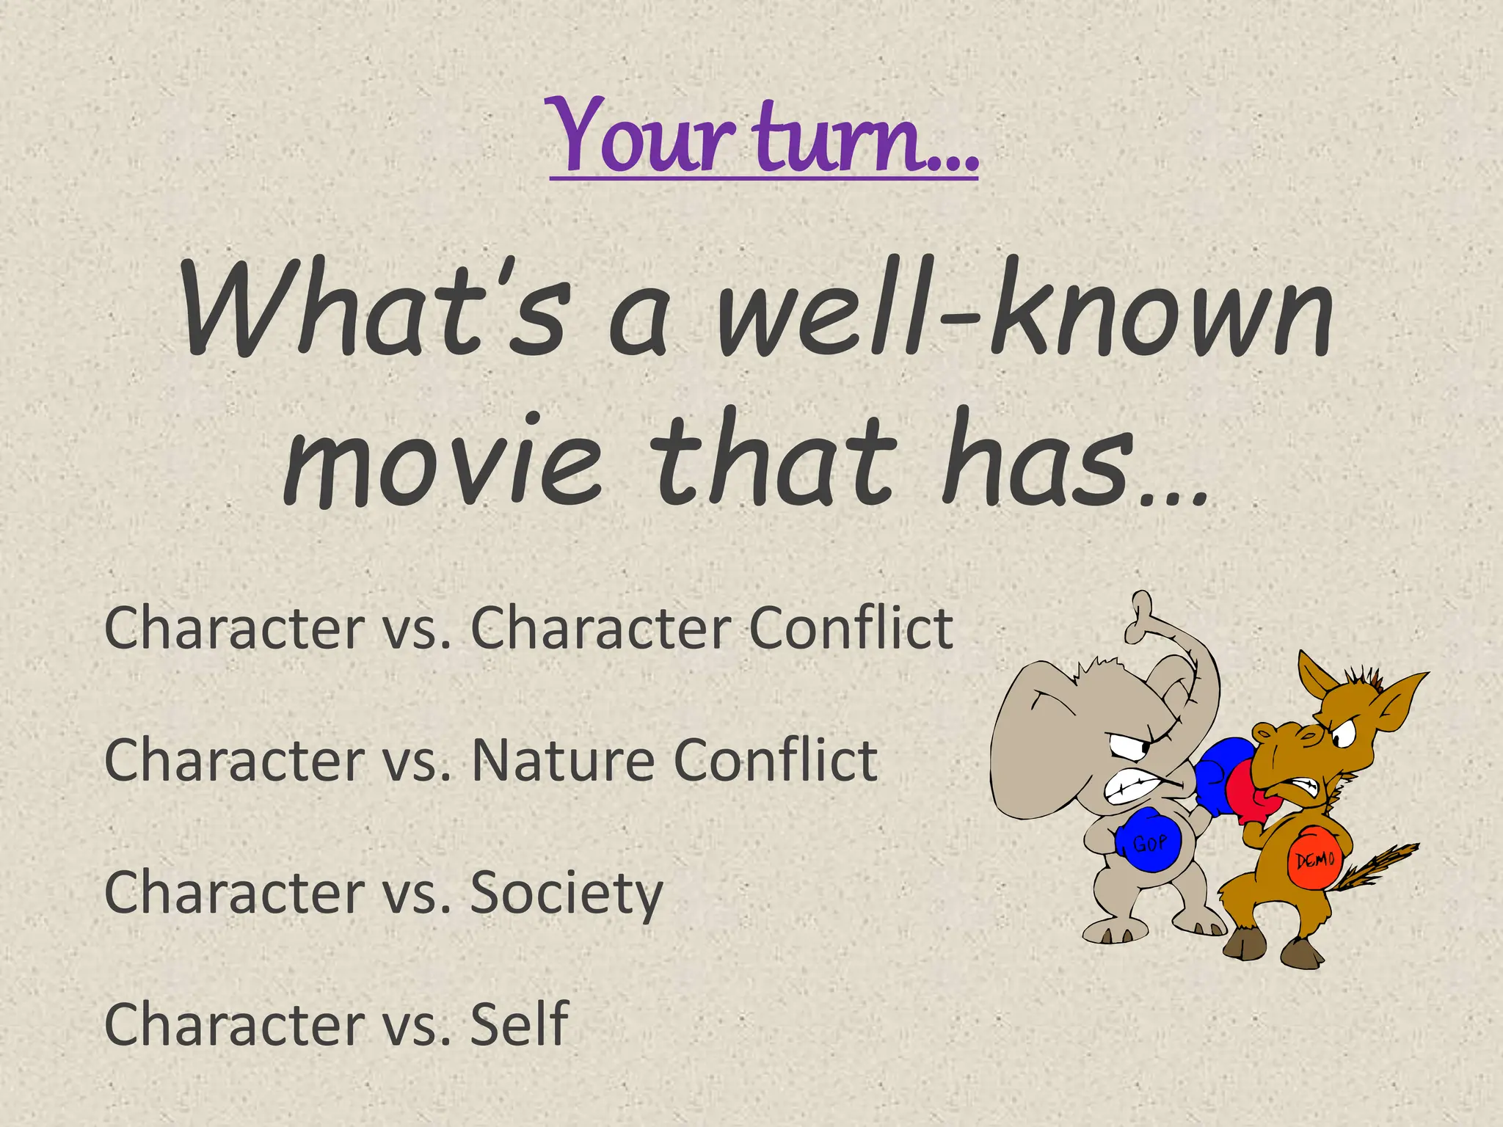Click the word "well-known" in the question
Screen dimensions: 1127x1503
[x=1024, y=312]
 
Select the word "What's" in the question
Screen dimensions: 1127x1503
[x=374, y=312]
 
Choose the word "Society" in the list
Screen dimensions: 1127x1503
[x=566, y=894]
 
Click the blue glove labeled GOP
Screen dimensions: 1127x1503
[x=1149, y=841]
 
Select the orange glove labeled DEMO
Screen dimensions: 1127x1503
[x=1314, y=858]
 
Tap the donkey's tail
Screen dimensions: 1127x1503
[x=1380, y=866]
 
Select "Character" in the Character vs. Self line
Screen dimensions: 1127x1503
[x=234, y=1024]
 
